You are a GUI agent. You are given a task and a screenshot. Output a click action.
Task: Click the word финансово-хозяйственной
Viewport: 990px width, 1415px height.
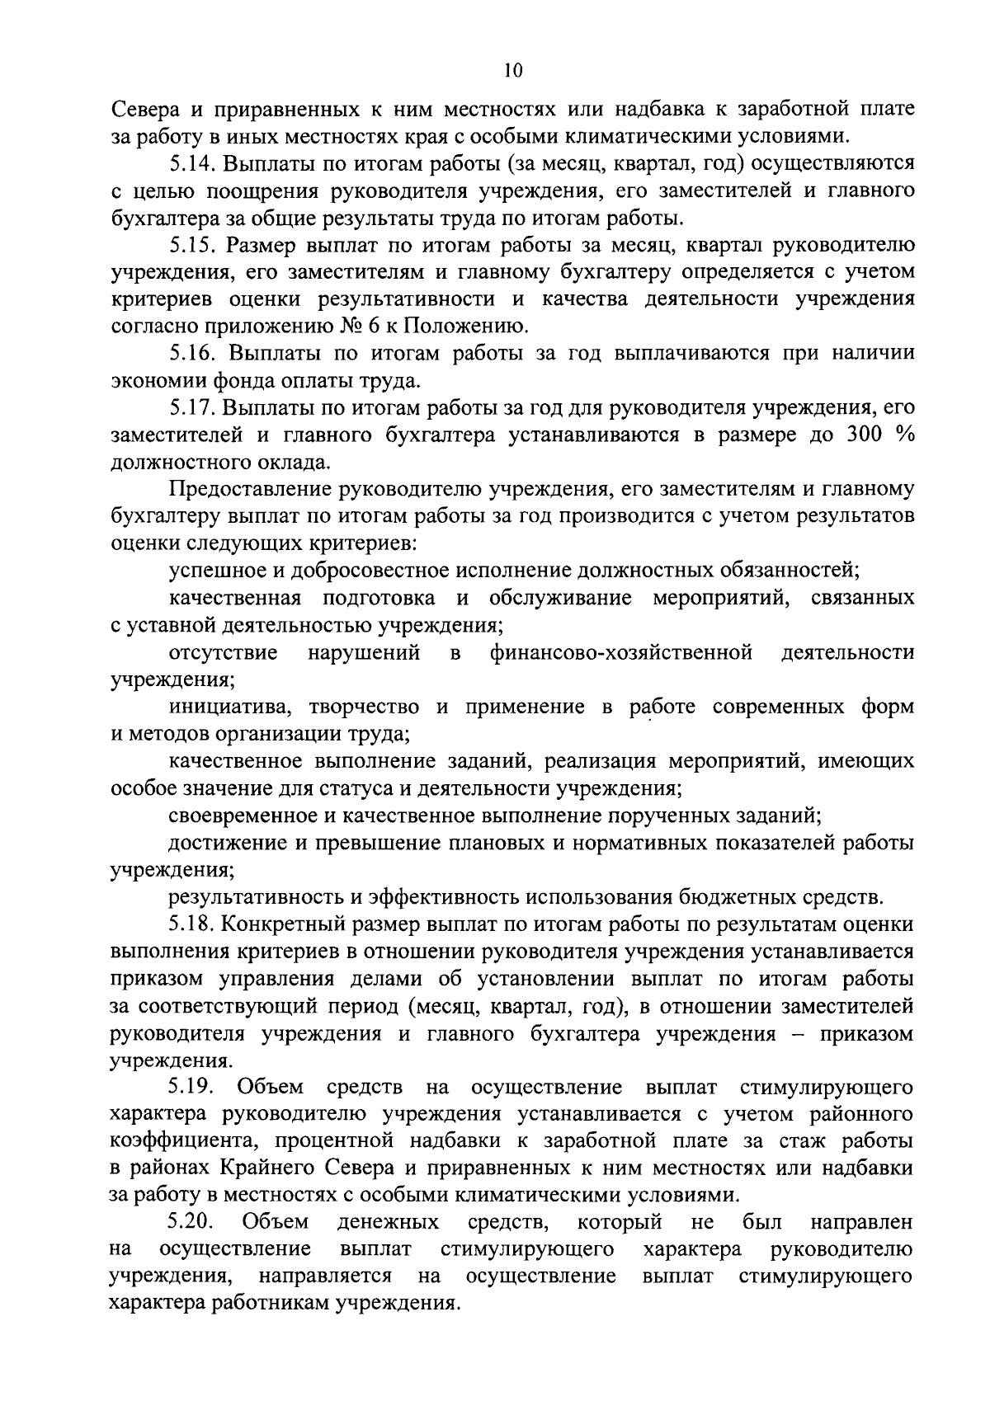(621, 653)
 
